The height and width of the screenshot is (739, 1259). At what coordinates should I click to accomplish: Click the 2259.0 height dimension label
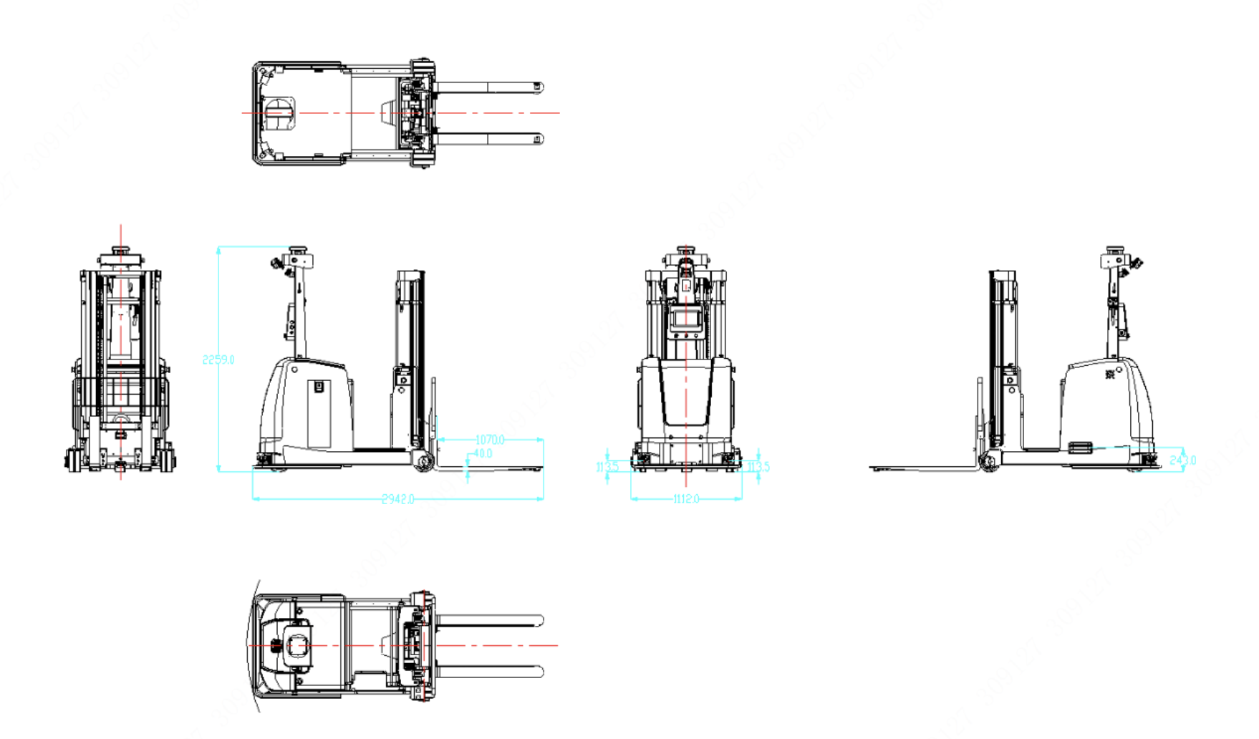point(218,359)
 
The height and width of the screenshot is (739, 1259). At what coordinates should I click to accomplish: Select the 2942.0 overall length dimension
point(397,499)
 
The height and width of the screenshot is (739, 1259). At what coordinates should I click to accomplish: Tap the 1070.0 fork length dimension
point(490,440)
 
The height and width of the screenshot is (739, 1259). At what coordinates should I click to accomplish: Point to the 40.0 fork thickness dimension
point(483,454)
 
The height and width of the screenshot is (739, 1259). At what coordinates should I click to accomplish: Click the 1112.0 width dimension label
point(686,499)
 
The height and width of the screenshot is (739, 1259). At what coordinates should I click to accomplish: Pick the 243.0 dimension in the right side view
point(1182,460)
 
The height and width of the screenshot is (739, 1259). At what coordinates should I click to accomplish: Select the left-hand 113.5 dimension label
point(607,467)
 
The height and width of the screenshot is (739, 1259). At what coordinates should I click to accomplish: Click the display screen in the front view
point(686,320)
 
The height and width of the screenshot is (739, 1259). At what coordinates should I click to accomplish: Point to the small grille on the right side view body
point(1079,448)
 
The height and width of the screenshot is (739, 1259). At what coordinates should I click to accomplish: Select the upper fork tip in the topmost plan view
point(538,87)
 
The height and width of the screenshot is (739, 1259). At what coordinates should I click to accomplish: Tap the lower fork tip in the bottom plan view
point(539,672)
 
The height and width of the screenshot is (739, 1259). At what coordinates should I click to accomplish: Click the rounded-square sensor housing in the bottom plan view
point(296,646)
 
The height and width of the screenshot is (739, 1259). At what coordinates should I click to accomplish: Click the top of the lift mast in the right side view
point(1002,274)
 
